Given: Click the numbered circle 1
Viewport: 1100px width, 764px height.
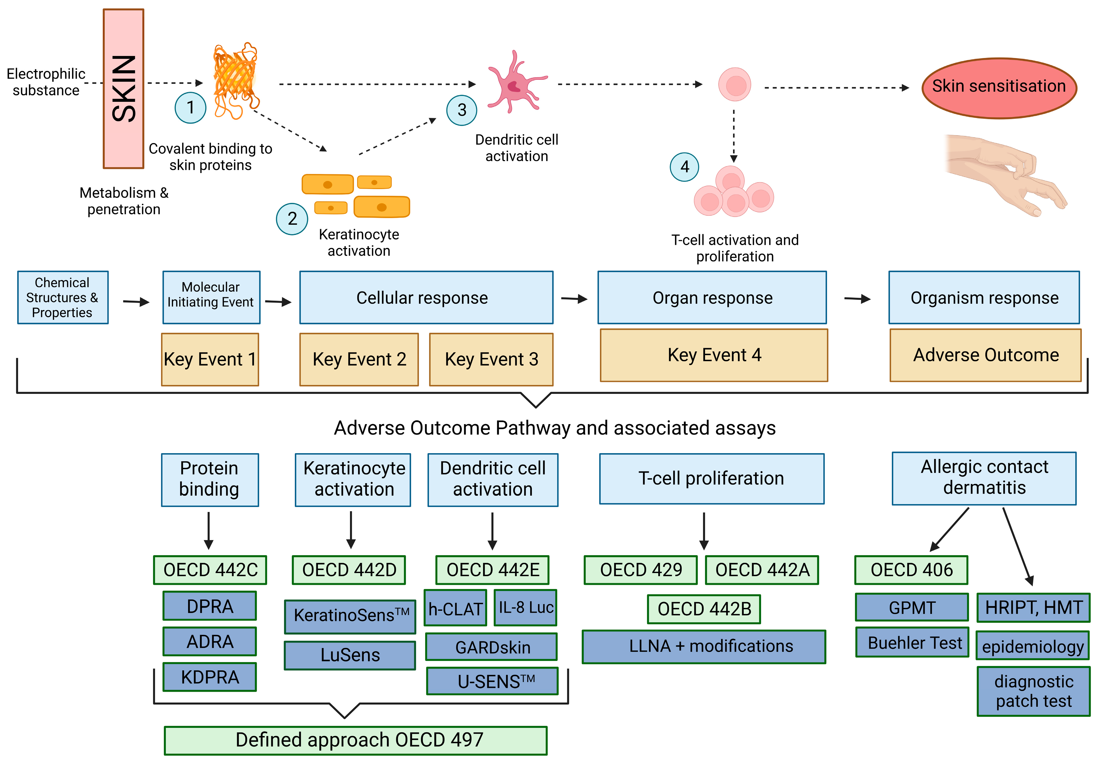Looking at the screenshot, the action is click(x=190, y=108).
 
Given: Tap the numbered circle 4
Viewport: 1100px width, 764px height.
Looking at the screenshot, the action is click(x=684, y=166).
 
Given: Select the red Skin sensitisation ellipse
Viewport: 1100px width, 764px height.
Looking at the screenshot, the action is click(x=999, y=88).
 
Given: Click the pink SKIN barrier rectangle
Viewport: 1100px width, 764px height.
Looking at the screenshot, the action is click(x=124, y=89).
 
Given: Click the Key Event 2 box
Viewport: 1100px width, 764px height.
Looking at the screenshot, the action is click(x=359, y=359).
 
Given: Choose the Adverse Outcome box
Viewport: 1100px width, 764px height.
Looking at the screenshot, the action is click(x=986, y=355).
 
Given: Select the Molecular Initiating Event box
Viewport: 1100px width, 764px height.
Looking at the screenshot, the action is click(x=211, y=297).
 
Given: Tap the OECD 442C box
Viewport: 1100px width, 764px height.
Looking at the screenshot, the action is click(x=210, y=570).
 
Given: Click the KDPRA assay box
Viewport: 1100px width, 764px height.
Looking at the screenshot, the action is click(x=210, y=677).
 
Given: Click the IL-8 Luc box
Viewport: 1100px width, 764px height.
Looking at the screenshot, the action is click(x=525, y=607).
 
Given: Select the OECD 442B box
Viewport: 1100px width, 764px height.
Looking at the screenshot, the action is click(x=704, y=609).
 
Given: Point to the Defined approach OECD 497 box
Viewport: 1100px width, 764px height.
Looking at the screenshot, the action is click(x=356, y=740).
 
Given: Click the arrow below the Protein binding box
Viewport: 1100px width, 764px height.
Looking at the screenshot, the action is click(x=208, y=530).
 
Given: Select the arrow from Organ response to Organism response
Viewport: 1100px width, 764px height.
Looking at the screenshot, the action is click(x=857, y=299).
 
